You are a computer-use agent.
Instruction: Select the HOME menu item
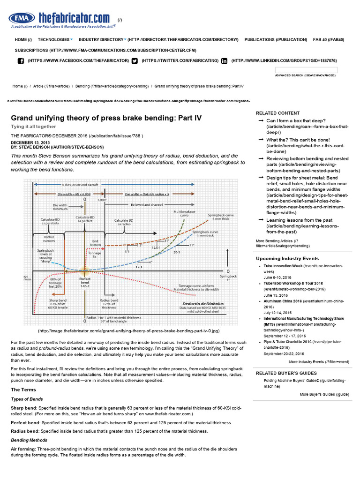point(23,40)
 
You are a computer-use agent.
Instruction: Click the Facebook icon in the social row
point(21,60)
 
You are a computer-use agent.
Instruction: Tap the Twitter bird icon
point(135,60)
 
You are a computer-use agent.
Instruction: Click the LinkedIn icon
point(224,60)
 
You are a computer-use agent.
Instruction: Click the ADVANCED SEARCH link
point(305,75)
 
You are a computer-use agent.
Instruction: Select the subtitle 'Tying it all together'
point(33,127)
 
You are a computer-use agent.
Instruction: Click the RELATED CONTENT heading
point(277,113)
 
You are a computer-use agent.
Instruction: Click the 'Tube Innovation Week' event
point(283,266)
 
